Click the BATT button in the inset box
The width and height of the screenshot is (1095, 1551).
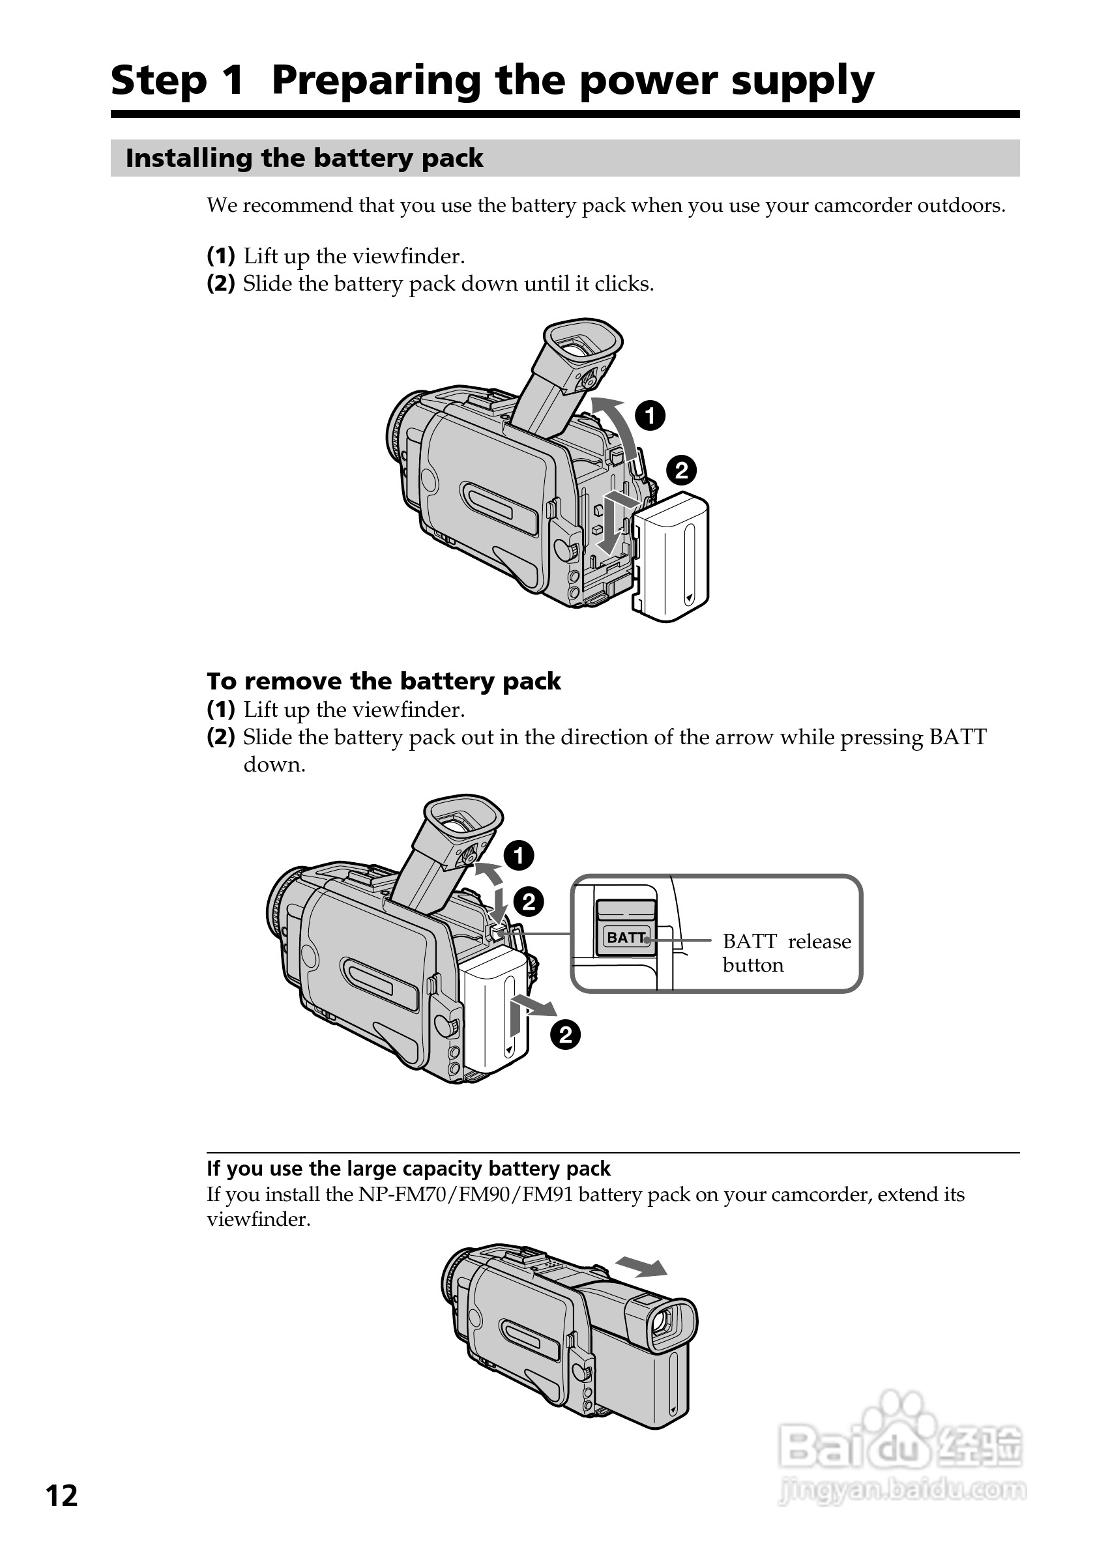tap(626, 938)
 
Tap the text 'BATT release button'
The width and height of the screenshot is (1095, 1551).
tap(785, 953)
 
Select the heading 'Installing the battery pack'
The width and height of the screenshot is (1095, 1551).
tap(304, 158)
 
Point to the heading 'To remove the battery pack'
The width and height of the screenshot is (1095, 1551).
tap(383, 681)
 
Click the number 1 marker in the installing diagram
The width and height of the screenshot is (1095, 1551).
tap(650, 416)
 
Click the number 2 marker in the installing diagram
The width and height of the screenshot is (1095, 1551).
tap(681, 470)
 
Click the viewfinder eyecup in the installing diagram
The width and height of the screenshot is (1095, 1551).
tap(583, 345)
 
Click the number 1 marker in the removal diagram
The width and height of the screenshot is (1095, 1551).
tap(518, 856)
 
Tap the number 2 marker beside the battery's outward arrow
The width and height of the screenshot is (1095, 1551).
tap(564, 1035)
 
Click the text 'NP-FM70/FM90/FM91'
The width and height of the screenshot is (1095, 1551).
tap(465, 1195)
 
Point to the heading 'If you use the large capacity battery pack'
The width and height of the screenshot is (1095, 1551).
tap(408, 1168)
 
